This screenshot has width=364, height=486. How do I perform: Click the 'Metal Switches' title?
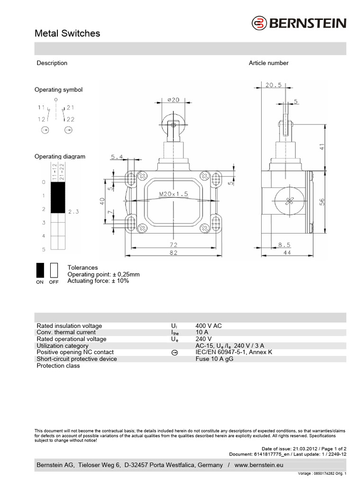[x=68, y=33]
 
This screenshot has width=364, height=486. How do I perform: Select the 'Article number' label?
[x=268, y=63]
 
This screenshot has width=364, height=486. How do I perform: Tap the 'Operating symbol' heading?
[x=58, y=90]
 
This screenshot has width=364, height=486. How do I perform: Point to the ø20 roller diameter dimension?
[x=173, y=100]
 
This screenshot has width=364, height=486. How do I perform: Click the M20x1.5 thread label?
[x=173, y=194]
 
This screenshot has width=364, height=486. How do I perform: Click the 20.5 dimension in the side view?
[x=273, y=85]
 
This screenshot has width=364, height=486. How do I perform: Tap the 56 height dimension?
[x=322, y=201]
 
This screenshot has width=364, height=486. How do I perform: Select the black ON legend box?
[x=40, y=270]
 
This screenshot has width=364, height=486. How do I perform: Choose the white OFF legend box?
[x=54, y=270]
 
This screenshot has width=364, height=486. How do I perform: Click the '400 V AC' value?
[x=209, y=326]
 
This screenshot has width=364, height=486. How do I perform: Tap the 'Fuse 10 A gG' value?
[x=214, y=359]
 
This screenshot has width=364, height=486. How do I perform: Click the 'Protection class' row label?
[x=58, y=366]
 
